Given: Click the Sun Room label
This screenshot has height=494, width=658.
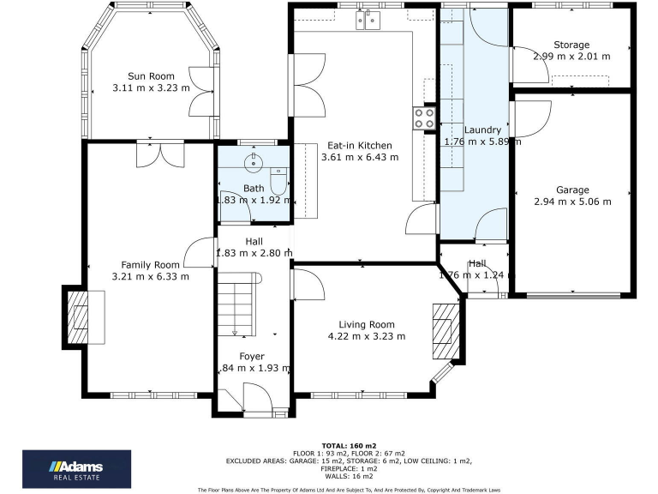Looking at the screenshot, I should tap(151, 75).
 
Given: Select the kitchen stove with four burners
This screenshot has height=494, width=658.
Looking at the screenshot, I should tap(424, 117).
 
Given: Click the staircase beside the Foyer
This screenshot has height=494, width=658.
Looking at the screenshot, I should tap(236, 304).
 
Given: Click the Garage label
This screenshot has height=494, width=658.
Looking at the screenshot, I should tap(572, 190).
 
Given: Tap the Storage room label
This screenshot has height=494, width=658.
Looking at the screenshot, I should tap(571, 45).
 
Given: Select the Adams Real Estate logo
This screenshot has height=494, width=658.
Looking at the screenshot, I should tap(76, 467).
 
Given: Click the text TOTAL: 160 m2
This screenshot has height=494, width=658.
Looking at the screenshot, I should tap(349, 446).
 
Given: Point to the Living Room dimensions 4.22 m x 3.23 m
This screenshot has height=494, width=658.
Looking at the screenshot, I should tap(367, 336).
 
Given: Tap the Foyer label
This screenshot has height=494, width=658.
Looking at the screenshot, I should tap(252, 356).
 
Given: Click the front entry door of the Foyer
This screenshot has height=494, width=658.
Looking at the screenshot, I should tap(255, 398).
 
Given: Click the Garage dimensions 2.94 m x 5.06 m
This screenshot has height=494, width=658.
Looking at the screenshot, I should tap(572, 202).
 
